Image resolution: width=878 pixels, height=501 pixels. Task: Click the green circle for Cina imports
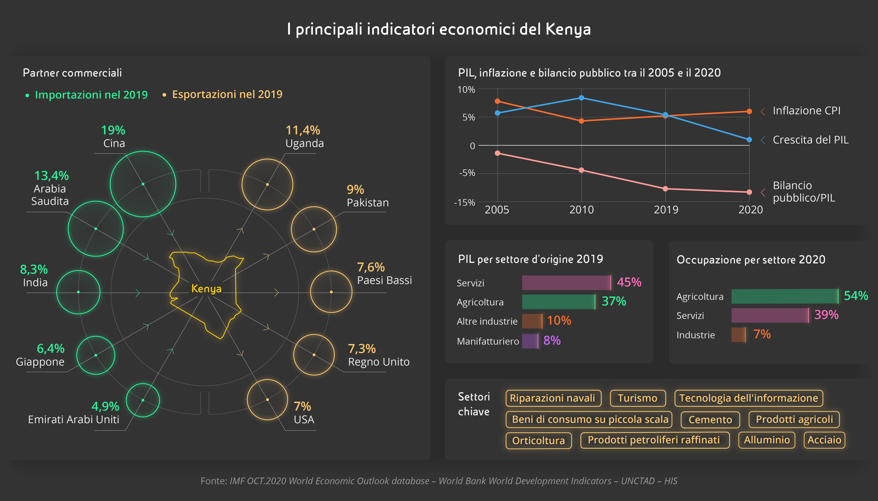click(x=143, y=184)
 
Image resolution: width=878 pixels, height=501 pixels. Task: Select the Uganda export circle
click(x=267, y=185)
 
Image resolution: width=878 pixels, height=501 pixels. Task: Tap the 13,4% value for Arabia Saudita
click(x=52, y=176)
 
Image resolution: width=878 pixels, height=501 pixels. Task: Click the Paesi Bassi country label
click(x=385, y=280)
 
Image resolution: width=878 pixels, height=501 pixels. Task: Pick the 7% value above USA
click(x=302, y=406)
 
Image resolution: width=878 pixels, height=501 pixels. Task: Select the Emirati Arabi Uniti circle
click(x=143, y=400)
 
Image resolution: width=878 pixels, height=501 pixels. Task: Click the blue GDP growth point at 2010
click(x=581, y=98)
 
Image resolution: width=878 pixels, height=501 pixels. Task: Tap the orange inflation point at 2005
click(x=497, y=101)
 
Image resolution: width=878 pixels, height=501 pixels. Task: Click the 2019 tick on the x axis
click(x=666, y=210)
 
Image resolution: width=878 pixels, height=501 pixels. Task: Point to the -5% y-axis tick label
click(x=467, y=173)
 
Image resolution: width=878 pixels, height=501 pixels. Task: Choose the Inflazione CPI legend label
click(x=806, y=110)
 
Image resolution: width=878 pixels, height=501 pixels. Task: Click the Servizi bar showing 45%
click(x=566, y=282)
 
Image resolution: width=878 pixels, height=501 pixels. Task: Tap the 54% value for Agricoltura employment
click(x=856, y=296)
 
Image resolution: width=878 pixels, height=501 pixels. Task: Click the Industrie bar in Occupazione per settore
click(x=738, y=335)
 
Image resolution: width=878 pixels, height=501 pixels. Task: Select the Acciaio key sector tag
click(x=824, y=440)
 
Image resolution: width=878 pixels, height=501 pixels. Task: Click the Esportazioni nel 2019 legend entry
click(x=227, y=94)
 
